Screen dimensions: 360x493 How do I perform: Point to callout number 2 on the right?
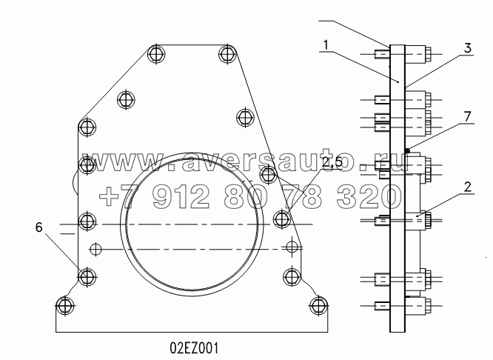point(468,188)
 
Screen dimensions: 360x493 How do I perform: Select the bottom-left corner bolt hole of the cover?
point(65,304)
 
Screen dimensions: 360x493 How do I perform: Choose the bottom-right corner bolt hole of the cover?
point(318,304)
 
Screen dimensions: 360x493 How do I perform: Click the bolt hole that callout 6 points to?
point(87,276)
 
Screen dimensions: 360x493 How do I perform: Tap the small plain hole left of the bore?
point(94,247)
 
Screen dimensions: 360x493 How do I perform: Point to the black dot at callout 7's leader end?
point(417,145)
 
